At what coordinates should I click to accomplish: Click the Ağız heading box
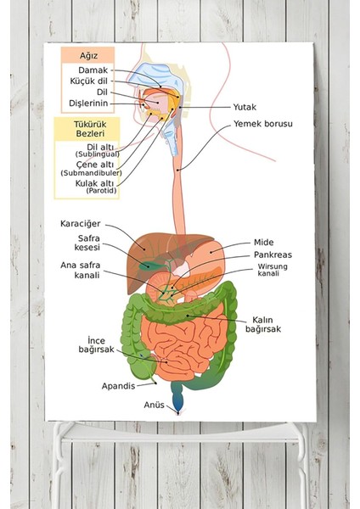(x=87, y=55)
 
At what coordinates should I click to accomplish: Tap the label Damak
(x=93, y=70)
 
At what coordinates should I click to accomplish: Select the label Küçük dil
(x=88, y=81)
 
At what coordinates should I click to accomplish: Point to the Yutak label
(x=245, y=107)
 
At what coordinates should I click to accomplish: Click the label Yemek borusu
(x=263, y=124)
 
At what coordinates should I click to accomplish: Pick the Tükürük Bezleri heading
(x=90, y=129)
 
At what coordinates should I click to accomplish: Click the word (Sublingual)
(x=98, y=154)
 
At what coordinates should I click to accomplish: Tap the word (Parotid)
(x=101, y=191)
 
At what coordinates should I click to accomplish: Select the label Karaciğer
(x=81, y=224)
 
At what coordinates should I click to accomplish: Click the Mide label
(x=263, y=242)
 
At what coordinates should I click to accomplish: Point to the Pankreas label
(x=273, y=255)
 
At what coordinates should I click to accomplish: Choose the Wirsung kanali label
(x=273, y=270)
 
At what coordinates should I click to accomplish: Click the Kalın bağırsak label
(x=263, y=324)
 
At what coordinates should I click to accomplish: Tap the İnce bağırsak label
(x=97, y=344)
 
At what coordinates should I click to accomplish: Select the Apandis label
(x=118, y=386)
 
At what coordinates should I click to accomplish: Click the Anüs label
(x=154, y=405)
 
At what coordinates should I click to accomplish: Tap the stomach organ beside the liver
(x=208, y=255)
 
